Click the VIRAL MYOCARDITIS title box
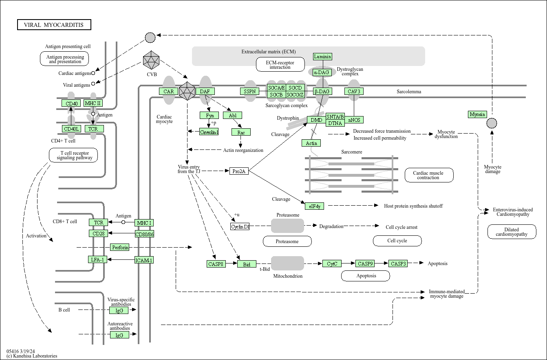[54, 24]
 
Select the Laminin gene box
[322, 57]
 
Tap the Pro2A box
[239, 171]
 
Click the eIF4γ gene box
[315, 206]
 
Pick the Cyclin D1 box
[240, 226]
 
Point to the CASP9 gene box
[365, 263]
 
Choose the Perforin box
[120, 247]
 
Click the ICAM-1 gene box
[144, 260]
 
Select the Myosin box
[477, 114]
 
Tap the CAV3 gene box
[354, 92]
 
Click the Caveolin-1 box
[209, 132]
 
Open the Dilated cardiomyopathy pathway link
[512, 232]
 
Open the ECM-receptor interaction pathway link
[280, 65]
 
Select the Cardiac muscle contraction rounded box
[429, 175]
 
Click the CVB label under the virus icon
[152, 75]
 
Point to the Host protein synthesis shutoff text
[413, 206]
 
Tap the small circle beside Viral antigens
[93, 84]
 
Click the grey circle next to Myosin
[492, 123]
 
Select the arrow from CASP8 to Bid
[232, 263]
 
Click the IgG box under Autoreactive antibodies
[119, 335]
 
